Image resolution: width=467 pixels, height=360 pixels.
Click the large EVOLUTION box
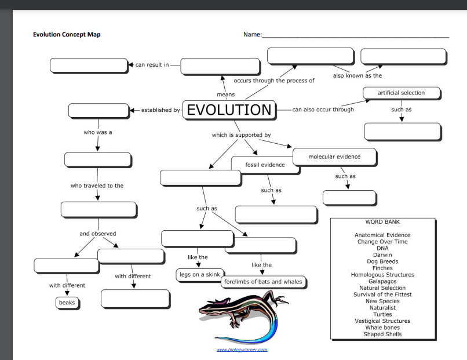coord(229,110)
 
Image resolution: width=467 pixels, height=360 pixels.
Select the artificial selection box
coord(401,93)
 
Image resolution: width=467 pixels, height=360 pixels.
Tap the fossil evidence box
coord(265,165)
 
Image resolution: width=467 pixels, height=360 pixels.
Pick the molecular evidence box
coord(334,157)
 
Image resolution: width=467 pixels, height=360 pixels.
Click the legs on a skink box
coord(199,274)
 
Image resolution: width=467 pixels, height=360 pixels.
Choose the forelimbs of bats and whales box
coord(263,282)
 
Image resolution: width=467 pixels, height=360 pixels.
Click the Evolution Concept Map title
coord(67,35)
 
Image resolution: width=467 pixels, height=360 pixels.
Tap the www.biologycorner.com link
coord(242,350)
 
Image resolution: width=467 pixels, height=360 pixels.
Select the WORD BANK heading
coord(382,221)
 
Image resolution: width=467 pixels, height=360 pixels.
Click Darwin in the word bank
coord(382,254)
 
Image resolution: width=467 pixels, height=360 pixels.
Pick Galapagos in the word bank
coord(382,281)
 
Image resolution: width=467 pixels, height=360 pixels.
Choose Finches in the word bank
coord(382,268)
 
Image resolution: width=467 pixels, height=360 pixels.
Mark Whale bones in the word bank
coord(382,328)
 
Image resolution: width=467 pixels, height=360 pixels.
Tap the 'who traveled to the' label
coord(97,186)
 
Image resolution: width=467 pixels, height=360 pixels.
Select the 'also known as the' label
coord(357,75)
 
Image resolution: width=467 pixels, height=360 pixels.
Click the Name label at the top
coord(253,35)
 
